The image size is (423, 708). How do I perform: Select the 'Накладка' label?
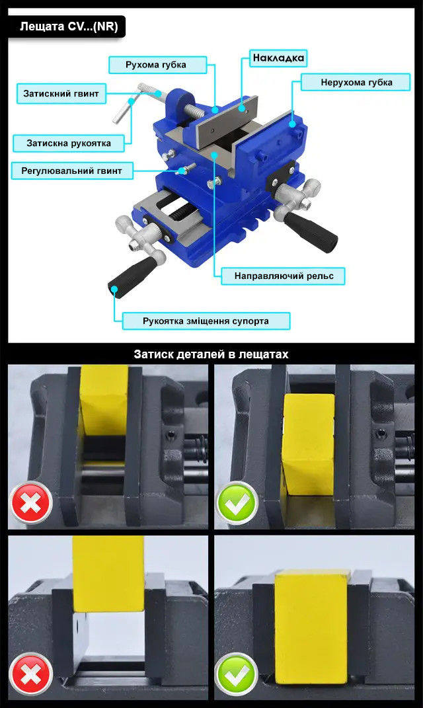[x=278, y=58]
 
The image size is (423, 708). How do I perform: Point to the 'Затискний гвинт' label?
[x=61, y=94]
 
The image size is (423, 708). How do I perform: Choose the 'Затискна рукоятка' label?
[x=69, y=143]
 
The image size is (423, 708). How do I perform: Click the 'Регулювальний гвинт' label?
[x=72, y=171]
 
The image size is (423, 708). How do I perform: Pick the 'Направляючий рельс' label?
[x=283, y=276]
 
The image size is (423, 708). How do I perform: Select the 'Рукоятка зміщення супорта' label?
[x=206, y=321]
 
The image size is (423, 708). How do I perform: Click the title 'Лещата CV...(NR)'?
[x=69, y=26]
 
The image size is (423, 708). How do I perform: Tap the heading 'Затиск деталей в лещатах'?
[x=211, y=354]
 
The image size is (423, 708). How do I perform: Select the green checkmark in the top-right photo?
[x=237, y=503]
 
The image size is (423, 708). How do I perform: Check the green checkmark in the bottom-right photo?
[x=237, y=674]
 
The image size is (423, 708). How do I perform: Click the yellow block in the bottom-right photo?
[x=311, y=627]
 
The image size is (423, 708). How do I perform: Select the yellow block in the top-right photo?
[x=309, y=444]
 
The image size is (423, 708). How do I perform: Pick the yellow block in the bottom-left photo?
[x=108, y=574]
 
